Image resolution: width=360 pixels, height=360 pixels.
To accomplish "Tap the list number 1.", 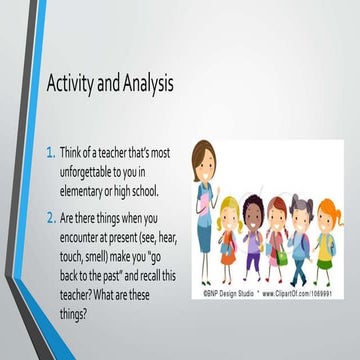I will [x=52, y=152].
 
